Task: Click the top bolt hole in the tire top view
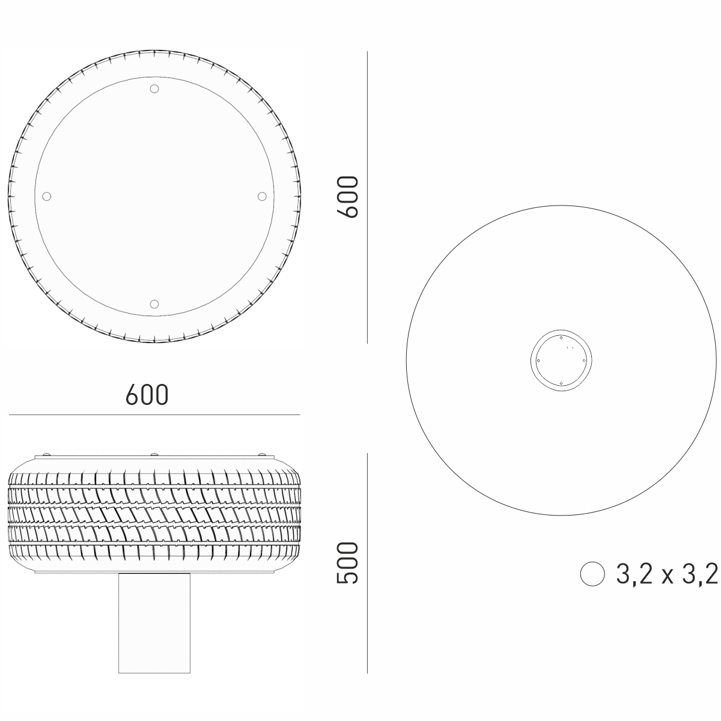pos(154,89)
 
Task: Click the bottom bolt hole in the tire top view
pos(154,304)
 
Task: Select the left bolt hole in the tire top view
pos(46,196)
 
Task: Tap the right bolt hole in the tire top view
pos(262,196)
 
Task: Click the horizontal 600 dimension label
pos(147,395)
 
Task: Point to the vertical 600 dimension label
pos(348,197)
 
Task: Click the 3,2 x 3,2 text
pos(667,585)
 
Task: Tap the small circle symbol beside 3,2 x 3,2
pos(592,585)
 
